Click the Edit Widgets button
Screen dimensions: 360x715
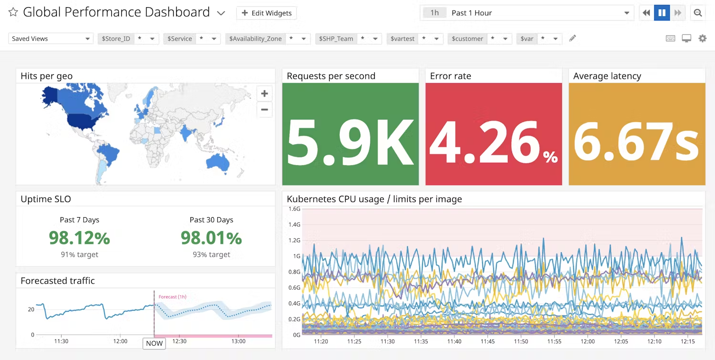tap(266, 13)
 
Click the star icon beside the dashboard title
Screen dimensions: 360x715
tap(13, 12)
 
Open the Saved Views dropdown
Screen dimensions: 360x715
tap(51, 39)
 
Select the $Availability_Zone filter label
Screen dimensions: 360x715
tap(255, 39)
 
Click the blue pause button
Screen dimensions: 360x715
tap(662, 13)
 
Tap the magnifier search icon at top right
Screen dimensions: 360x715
tap(698, 13)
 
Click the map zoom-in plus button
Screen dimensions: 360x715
tap(264, 94)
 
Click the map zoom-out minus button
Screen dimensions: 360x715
tap(264, 109)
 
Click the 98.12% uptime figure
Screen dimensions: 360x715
tap(79, 237)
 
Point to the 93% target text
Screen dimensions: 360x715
tap(211, 254)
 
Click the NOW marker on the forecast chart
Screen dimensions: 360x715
tap(154, 343)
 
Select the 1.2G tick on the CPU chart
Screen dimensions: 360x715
tap(294, 240)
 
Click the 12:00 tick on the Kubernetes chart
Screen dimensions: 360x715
tap(588, 342)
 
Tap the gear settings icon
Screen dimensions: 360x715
tap(702, 39)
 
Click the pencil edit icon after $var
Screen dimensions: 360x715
tap(573, 39)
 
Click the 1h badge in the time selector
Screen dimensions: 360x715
tap(434, 13)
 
